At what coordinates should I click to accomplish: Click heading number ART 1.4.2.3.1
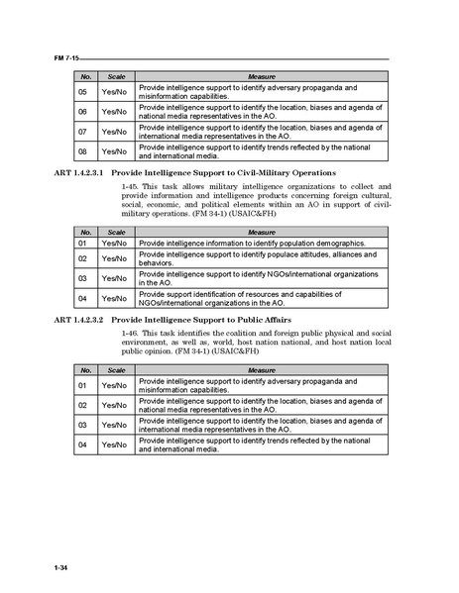point(76,172)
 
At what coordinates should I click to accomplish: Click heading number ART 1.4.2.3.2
point(76,321)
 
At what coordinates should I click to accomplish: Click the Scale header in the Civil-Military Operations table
point(117,230)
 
